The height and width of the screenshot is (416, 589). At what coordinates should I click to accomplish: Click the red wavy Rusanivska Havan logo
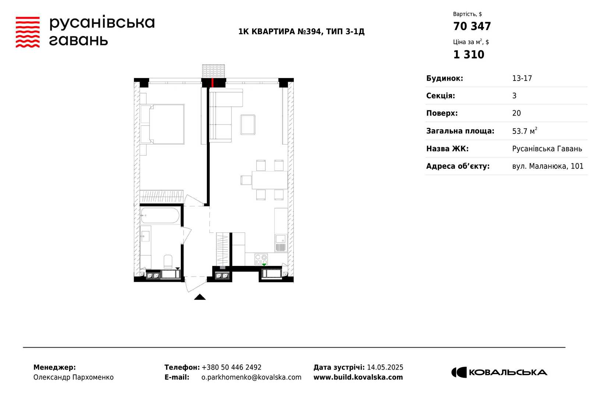click(x=28, y=32)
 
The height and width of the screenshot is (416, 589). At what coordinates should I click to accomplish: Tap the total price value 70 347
click(x=472, y=26)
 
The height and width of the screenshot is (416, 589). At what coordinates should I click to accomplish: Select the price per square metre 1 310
click(x=469, y=55)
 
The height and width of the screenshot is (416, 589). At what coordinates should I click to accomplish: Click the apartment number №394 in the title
click(x=309, y=32)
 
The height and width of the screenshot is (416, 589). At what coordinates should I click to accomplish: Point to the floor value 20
click(x=516, y=113)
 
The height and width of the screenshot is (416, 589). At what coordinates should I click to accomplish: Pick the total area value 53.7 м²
click(x=525, y=131)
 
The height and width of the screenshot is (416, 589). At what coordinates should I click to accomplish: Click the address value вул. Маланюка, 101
click(x=548, y=166)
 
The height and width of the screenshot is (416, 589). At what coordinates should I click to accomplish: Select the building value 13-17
click(x=522, y=78)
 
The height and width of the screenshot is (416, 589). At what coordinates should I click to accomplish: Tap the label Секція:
click(x=440, y=96)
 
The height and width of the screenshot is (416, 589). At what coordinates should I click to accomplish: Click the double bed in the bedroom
click(x=162, y=124)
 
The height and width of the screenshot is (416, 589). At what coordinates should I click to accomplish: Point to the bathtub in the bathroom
click(x=160, y=216)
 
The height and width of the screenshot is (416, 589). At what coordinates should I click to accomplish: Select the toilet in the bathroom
click(x=168, y=261)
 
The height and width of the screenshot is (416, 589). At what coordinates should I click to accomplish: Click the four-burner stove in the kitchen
click(x=261, y=259)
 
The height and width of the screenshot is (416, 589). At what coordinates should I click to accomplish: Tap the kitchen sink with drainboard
click(x=281, y=243)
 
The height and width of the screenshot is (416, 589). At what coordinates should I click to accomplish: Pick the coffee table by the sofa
click(x=248, y=125)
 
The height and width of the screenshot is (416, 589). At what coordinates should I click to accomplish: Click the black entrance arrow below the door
click(x=200, y=297)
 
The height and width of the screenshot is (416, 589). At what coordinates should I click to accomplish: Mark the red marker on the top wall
click(x=212, y=82)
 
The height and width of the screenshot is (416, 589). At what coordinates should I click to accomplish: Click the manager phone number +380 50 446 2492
click(x=232, y=367)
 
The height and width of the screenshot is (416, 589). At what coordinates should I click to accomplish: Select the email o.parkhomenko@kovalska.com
click(x=251, y=377)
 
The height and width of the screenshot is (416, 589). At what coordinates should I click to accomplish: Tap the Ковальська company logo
click(x=499, y=372)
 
